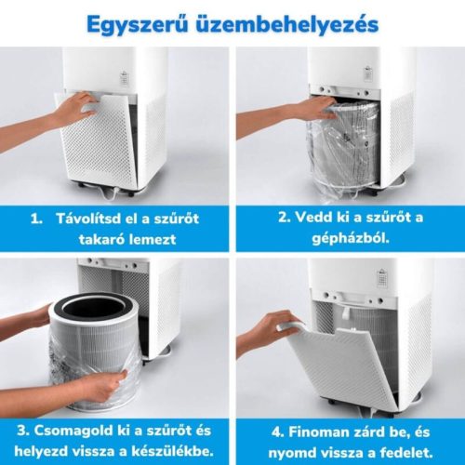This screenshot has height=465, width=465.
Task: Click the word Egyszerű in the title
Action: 138,25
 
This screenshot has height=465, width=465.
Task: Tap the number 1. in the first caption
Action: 37,219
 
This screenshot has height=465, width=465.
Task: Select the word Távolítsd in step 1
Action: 87,219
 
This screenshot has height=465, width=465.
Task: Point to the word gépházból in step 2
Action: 351,239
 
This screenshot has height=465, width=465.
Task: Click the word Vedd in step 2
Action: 312,217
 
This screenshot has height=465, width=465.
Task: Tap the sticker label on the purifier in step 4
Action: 382,278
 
